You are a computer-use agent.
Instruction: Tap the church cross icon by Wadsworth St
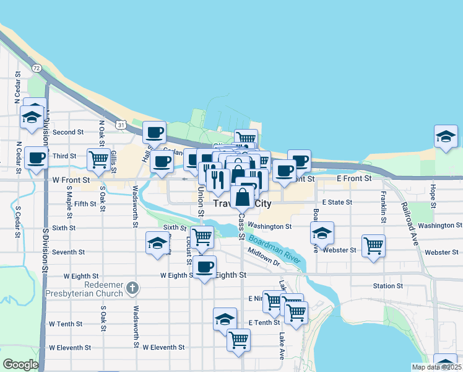click(131, 288)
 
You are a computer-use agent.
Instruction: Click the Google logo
click(20, 365)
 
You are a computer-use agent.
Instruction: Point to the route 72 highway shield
click(37, 68)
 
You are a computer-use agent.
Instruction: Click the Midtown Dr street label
click(264, 257)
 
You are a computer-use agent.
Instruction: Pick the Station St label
click(388, 286)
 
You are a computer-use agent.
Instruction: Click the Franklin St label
click(384, 204)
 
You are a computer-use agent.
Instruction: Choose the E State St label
click(336, 202)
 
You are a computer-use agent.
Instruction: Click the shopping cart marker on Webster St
click(373, 246)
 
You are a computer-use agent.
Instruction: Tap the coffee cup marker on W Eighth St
click(204, 267)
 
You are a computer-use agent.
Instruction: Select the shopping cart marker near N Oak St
click(99, 159)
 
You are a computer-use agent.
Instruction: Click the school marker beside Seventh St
click(158, 244)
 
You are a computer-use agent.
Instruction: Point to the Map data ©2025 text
click(436, 367)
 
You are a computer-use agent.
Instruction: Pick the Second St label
click(68, 132)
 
